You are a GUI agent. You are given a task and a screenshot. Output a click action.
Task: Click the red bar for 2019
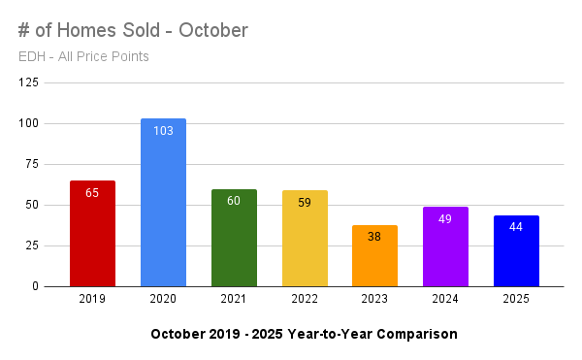92,238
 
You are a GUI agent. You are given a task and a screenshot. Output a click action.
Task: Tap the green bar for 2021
234,243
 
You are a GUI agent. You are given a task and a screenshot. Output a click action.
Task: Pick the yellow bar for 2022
305,243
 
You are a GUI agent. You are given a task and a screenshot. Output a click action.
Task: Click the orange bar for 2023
375,260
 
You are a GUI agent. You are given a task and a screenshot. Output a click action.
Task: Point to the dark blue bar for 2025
516,254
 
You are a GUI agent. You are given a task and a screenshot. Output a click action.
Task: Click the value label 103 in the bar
163,130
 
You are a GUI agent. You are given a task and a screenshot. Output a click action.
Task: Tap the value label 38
375,236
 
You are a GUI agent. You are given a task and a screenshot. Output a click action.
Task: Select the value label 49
445,218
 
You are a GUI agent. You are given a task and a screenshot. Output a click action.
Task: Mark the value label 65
92,192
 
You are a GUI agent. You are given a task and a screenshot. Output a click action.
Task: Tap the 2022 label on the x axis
305,300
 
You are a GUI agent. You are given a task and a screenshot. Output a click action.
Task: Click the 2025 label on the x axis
516,300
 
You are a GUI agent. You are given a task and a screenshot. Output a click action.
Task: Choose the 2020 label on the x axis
163,300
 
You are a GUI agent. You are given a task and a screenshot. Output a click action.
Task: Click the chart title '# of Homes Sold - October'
133,30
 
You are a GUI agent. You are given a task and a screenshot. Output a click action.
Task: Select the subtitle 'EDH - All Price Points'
83,56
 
